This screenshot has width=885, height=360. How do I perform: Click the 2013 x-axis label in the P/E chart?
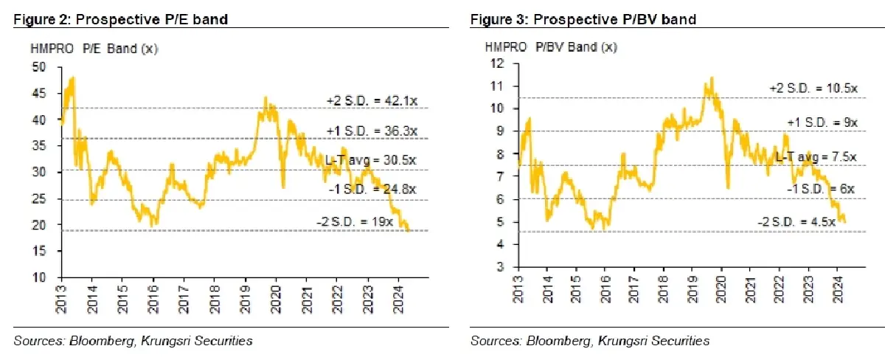pyautogui.click(x=62, y=294)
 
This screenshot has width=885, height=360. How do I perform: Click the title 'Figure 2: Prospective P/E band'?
pyautogui.click(x=120, y=20)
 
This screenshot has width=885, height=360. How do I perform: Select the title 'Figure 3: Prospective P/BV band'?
pyautogui.click(x=583, y=20)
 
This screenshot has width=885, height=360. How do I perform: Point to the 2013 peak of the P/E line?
pyautogui.click(x=72, y=77)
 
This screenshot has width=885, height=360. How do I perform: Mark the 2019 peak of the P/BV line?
pyautogui.click(x=711, y=77)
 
